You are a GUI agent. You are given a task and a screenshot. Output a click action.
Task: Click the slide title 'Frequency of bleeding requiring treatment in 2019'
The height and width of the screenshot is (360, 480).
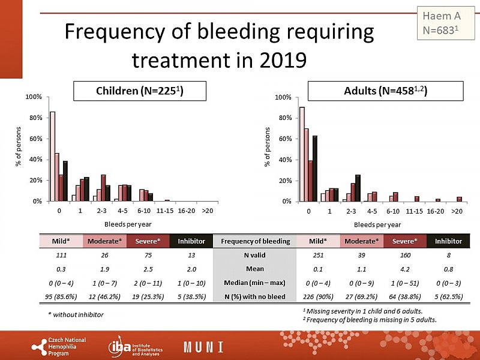click(219, 45)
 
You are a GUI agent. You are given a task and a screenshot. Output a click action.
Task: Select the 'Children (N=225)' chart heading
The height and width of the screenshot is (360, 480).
click(140, 91)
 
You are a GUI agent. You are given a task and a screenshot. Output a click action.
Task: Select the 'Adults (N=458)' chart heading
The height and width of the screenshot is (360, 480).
click(385, 91)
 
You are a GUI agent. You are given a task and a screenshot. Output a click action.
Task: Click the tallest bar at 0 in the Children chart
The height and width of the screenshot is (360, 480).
click(53, 156)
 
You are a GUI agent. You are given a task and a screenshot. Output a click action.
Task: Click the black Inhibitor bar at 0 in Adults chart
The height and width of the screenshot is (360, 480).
click(314, 168)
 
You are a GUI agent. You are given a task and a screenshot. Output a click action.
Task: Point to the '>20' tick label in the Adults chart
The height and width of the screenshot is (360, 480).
click(457, 211)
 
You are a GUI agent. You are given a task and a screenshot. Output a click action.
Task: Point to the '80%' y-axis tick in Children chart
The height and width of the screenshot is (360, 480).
click(34, 118)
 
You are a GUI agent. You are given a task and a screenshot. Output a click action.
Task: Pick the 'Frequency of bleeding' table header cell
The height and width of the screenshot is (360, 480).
click(256, 241)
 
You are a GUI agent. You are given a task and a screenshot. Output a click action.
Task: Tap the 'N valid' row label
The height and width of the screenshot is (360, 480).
click(256, 255)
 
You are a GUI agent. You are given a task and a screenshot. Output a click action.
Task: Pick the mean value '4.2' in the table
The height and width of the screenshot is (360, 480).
click(401, 269)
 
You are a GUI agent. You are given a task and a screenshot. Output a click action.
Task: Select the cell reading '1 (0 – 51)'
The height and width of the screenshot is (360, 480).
click(401, 282)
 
